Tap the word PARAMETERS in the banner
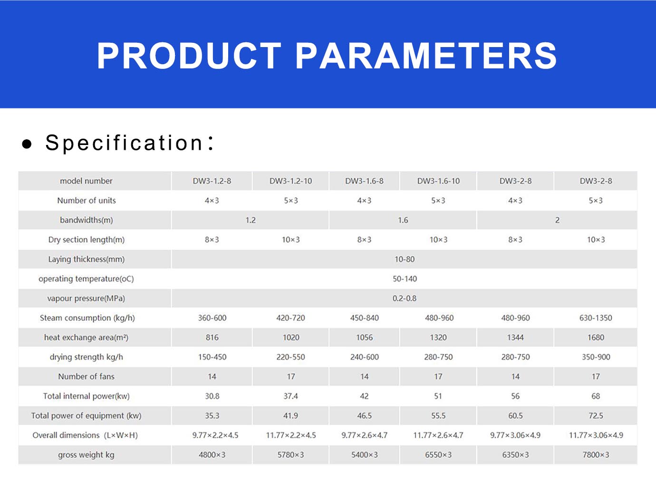click(426, 56)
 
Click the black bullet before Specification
click(27, 144)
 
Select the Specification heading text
click(129, 143)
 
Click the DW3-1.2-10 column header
click(290, 181)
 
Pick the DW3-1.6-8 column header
click(364, 181)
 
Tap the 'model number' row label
click(86, 181)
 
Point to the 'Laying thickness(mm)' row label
click(87, 259)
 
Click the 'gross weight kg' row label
click(86, 455)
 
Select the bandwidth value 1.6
click(403, 220)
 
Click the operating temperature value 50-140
click(405, 279)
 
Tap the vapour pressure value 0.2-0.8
click(405, 298)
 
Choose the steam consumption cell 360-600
click(212, 318)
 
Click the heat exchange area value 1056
click(364, 338)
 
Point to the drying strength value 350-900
click(596, 357)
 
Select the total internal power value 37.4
click(290, 396)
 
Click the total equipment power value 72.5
click(596, 415)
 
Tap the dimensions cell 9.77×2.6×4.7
click(364, 435)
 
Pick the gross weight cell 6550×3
click(438, 455)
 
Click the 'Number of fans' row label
click(86, 376)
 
